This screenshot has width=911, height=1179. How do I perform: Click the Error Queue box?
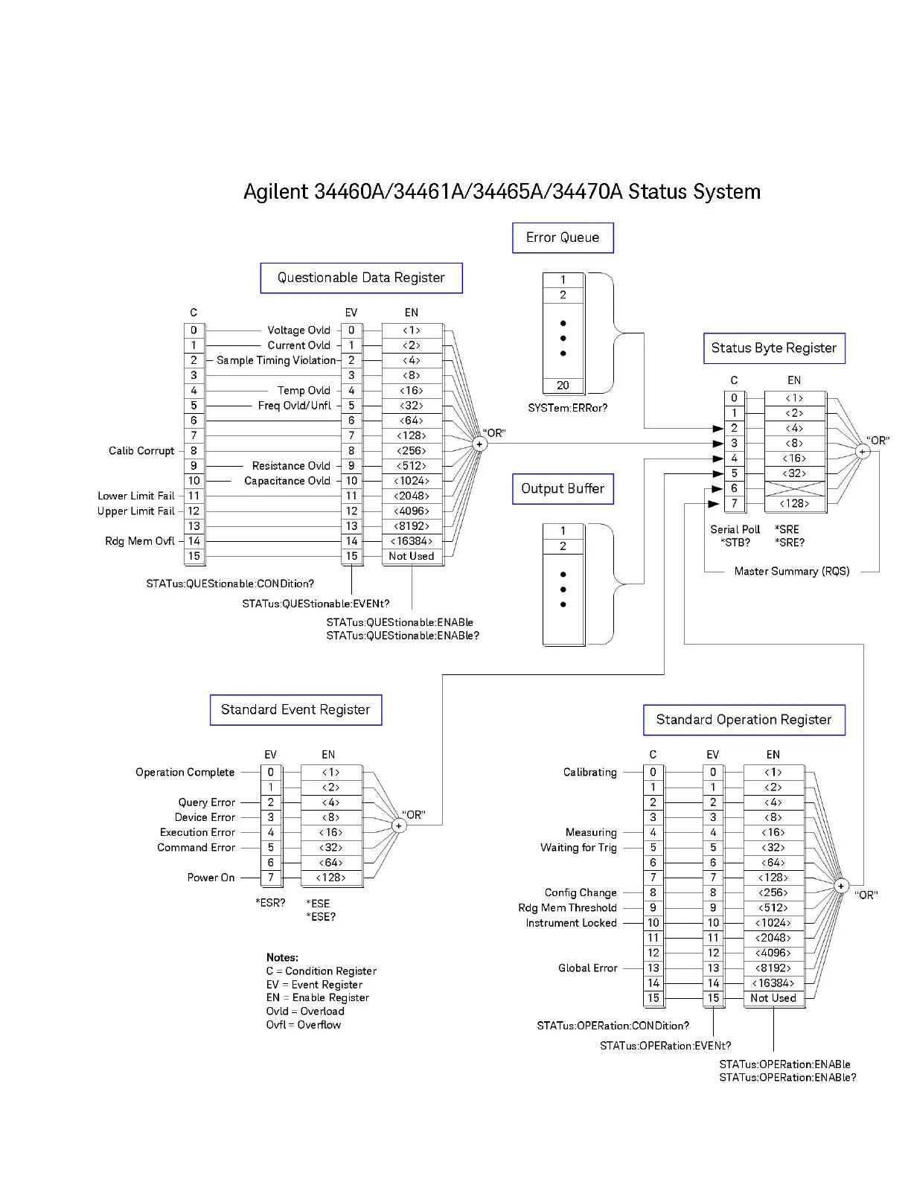(x=563, y=237)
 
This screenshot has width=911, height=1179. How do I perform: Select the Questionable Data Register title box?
(x=361, y=278)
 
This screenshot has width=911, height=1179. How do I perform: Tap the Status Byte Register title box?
(x=774, y=348)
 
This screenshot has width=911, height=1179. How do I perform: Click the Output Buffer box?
(x=563, y=488)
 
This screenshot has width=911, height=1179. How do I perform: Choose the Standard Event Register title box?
(x=295, y=709)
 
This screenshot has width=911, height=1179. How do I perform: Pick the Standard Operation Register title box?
(x=744, y=720)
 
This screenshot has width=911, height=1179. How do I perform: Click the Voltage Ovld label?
(x=298, y=330)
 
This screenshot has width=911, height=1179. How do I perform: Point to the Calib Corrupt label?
(x=141, y=451)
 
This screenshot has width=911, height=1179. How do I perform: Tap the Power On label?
(x=211, y=878)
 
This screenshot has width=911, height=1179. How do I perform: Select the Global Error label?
(x=588, y=968)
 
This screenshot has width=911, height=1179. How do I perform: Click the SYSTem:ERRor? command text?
(x=568, y=408)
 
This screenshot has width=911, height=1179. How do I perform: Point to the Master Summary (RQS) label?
(x=792, y=572)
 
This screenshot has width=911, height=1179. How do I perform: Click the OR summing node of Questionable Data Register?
(x=480, y=444)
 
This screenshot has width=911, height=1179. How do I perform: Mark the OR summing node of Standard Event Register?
(x=399, y=825)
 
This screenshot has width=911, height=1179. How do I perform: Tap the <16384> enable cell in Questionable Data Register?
(x=412, y=541)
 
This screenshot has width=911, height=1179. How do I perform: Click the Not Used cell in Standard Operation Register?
(x=773, y=998)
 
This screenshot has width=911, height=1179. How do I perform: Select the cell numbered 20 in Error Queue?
(x=563, y=386)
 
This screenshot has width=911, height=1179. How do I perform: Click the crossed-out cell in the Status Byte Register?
(x=795, y=488)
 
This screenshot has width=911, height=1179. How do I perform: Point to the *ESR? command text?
(x=270, y=903)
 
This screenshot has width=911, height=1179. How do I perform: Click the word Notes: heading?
(x=282, y=958)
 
